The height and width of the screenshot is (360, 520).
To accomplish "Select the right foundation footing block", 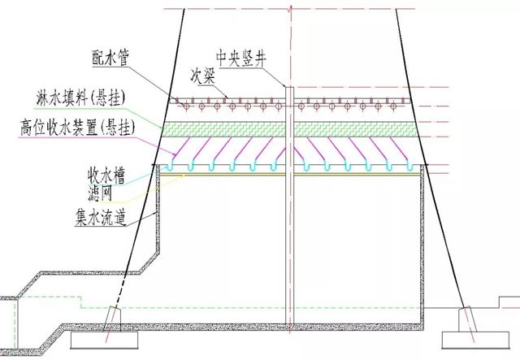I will tap(471, 338).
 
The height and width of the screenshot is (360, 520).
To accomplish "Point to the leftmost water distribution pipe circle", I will tap(184, 106).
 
